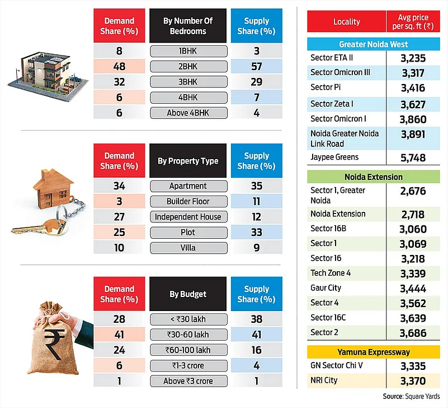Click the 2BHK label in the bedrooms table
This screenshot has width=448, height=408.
point(188,67)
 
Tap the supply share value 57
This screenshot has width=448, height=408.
point(257,67)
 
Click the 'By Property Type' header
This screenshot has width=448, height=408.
point(188,161)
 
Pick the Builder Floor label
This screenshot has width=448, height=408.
point(188,201)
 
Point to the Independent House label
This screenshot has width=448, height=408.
point(188,217)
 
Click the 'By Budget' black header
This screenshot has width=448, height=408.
point(188,294)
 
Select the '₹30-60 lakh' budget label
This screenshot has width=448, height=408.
point(188,335)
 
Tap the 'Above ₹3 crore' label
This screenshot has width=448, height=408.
point(188,381)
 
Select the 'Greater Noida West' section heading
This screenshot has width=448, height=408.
point(373,44)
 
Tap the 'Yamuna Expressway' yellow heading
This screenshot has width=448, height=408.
point(373,353)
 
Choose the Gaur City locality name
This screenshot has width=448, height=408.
point(326,288)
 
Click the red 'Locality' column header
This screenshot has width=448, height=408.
point(346,22)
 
